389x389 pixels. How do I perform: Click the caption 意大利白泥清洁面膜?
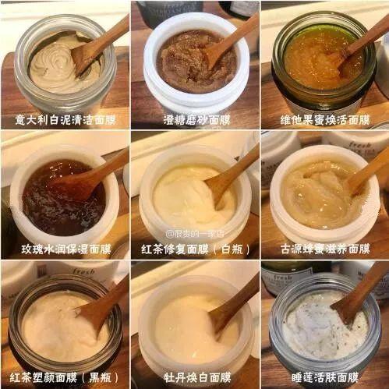click(64, 120)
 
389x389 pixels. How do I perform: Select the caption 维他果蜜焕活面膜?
click(324, 120)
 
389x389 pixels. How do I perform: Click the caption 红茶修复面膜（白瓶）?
click(194, 249)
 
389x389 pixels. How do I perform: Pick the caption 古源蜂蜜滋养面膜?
click(324, 249)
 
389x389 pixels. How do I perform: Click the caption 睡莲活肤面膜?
click(324, 377)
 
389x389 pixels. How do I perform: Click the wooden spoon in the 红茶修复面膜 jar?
click(230, 175)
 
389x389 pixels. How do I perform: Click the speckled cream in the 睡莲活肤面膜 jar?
click(312, 327)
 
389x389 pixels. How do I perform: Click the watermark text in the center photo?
click(194, 232)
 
